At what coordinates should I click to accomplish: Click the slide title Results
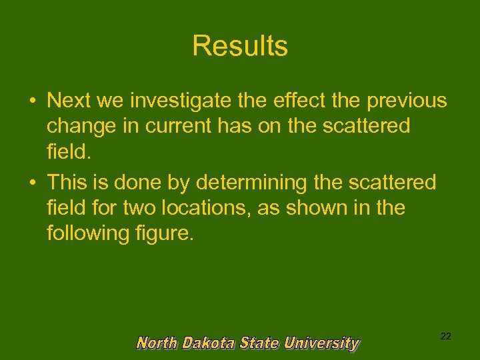pos(240,46)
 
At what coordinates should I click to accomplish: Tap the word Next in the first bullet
pos(70,101)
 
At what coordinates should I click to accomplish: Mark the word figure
pos(166,235)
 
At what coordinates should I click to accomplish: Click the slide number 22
pos(445,337)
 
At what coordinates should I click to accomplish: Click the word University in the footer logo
pos(321,343)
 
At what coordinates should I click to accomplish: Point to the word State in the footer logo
pos(261,343)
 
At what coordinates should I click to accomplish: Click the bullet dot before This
pos(32,183)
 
